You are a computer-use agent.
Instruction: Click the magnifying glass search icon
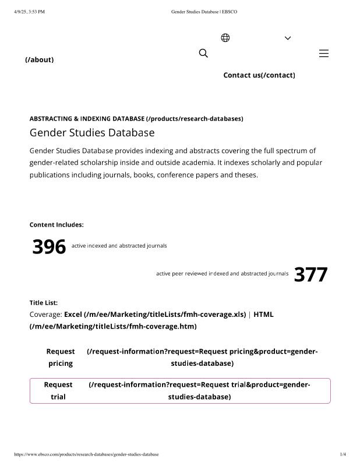pos(203,54)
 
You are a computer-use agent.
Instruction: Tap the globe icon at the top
pos(225,38)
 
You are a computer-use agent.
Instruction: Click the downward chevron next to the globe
pos(288,38)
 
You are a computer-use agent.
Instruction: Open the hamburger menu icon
pos(324,54)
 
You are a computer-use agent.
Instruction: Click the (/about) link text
pos(40,59)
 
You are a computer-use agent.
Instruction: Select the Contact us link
pos(259,75)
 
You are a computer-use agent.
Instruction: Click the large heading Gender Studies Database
pos(92,132)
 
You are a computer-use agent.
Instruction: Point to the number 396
pos(49,247)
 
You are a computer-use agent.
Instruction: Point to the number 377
pos(310,274)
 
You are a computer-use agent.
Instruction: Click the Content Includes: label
pos(57,225)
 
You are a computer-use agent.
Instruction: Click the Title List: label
pos(44,303)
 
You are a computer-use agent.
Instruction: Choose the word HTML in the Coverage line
pos(263,315)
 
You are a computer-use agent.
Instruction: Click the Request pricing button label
pos(61,357)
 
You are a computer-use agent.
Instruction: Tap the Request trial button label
pos(58,391)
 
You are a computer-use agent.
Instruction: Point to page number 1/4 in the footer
pos(343,454)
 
